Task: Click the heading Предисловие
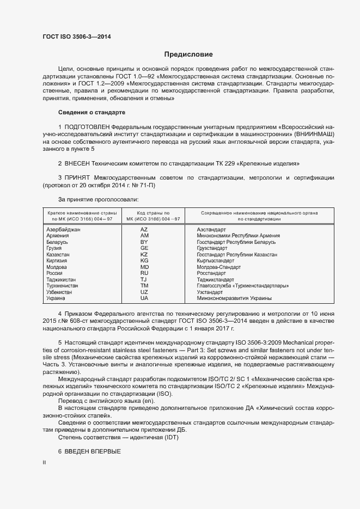pyautogui.click(x=188, y=54)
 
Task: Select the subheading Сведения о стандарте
pyautogui.click(x=91, y=112)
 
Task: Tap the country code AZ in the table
pyautogui.click(x=144, y=230)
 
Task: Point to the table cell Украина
pyautogui.click(x=56, y=298)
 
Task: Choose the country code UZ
pyautogui.click(x=144, y=292)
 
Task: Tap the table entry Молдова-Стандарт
pyautogui.click(x=218, y=267)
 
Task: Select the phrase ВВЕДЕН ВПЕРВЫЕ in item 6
pyautogui.click(x=93, y=452)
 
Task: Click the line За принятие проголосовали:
pyautogui.click(x=90, y=199)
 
